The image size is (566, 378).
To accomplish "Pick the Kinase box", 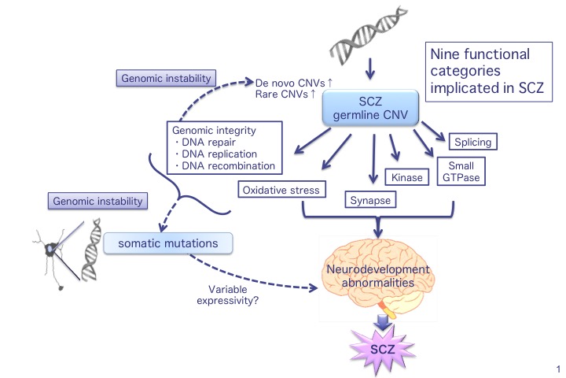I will tap(406, 178).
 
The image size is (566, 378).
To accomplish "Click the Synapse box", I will tap(369, 201).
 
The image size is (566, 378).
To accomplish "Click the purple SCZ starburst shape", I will tap(380, 347).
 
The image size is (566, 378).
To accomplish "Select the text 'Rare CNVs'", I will tap(280, 94).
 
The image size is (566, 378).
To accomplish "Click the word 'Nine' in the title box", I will tap(446, 56).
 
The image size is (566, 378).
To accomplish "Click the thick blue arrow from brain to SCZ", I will tap(380, 321).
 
